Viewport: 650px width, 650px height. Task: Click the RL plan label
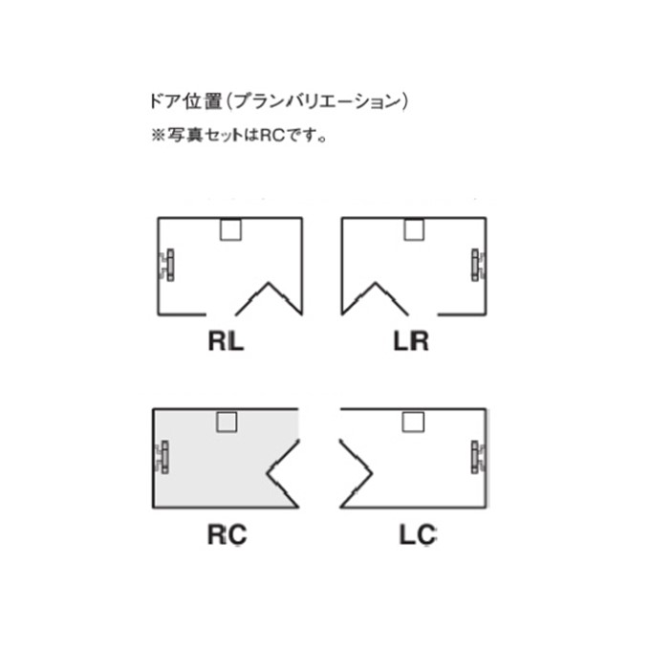226,341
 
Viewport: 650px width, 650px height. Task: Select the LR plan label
411,341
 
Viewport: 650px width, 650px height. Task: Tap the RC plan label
227,534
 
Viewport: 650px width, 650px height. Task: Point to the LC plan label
418,534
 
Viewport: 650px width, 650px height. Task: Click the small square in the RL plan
230,229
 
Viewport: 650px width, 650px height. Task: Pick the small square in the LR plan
414,229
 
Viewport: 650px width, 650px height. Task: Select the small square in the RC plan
227,422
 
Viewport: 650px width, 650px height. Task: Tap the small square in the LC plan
413,422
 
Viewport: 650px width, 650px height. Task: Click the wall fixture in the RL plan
166,265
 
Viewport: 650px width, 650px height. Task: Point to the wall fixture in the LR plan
478,265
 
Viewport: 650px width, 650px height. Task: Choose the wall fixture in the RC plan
162,457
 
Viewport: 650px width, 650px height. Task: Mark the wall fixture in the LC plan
478,457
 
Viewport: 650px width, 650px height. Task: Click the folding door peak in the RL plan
269,283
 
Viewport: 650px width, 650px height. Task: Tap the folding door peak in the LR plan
376,283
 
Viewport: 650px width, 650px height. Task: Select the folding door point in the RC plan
267,472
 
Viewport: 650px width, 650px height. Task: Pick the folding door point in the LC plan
372,472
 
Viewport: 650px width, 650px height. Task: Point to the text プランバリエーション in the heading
318,101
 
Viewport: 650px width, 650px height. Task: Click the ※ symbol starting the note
158,135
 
